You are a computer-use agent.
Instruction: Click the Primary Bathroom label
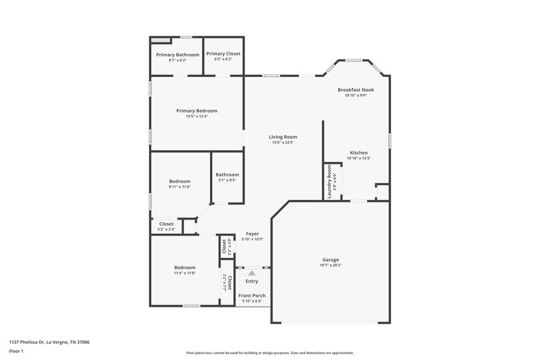pyautogui.click(x=178, y=54)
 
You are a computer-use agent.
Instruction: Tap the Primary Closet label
pyautogui.click(x=223, y=53)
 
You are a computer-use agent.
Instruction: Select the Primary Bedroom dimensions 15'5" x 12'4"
pyautogui.click(x=197, y=116)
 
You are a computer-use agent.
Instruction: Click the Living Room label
pyautogui.click(x=283, y=137)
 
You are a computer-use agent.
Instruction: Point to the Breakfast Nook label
pyautogui.click(x=356, y=89)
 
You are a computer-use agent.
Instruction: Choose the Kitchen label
pyautogui.click(x=359, y=152)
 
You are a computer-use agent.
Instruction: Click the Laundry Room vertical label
pyautogui.click(x=329, y=181)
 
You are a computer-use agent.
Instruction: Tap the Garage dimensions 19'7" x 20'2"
pyautogui.click(x=330, y=265)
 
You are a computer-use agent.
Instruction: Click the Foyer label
pyautogui.click(x=252, y=234)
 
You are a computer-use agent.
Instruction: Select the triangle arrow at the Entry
pyautogui.click(x=252, y=272)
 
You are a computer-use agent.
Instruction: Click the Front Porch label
pyautogui.click(x=252, y=296)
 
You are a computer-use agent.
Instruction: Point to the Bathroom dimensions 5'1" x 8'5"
pyautogui.click(x=227, y=180)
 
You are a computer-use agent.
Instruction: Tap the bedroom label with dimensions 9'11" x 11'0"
pyautogui.click(x=180, y=181)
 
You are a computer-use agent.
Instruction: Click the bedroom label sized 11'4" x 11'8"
pyautogui.click(x=184, y=267)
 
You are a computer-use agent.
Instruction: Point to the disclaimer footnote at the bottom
pyautogui.click(x=269, y=353)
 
